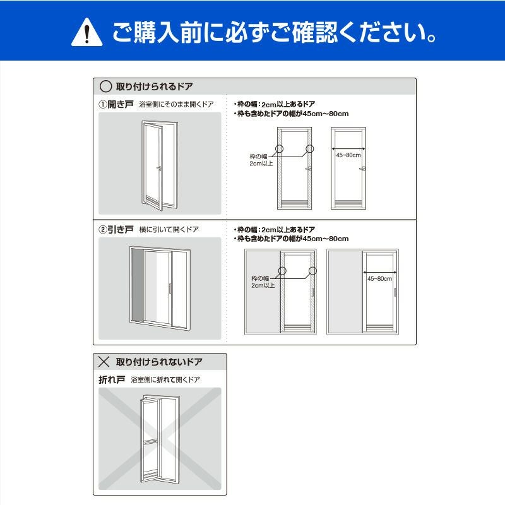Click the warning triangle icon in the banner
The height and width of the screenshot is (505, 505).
point(87,33)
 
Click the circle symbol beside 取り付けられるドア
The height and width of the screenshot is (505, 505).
point(105,86)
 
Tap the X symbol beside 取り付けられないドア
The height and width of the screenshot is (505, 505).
point(104,362)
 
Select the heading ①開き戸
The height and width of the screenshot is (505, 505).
point(116,104)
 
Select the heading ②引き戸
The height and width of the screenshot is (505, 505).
point(116,229)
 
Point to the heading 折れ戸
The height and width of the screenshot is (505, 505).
point(112,380)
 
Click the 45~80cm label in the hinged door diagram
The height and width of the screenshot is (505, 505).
point(348,155)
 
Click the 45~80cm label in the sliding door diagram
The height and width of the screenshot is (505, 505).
point(380,278)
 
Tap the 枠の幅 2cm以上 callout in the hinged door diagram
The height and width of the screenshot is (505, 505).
point(261,160)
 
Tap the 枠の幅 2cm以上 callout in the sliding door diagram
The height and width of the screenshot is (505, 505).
point(263,282)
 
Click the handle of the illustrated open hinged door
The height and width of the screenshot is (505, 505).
point(159,168)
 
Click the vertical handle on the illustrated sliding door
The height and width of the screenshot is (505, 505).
point(169,288)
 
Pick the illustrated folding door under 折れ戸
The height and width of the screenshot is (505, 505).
point(160,439)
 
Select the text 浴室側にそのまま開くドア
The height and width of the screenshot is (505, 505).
point(177,104)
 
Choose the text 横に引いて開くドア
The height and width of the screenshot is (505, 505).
point(169,229)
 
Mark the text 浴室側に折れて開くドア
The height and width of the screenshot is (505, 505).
point(165,380)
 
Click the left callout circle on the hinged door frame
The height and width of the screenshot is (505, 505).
point(279,148)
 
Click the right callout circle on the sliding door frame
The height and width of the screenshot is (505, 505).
point(312,271)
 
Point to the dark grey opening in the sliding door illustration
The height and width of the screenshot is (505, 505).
point(137,285)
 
